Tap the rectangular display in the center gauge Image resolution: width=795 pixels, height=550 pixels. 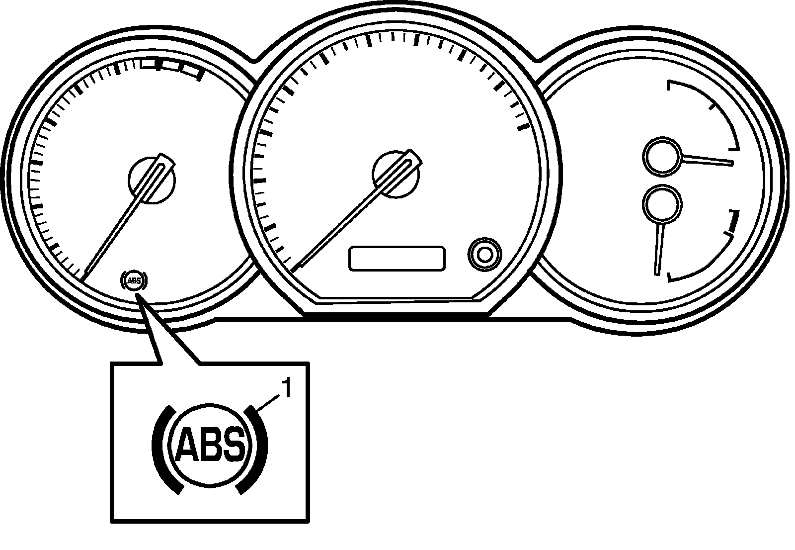(397, 258)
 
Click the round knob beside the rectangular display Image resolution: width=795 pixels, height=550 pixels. (484, 254)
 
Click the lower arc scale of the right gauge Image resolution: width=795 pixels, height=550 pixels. (715, 259)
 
